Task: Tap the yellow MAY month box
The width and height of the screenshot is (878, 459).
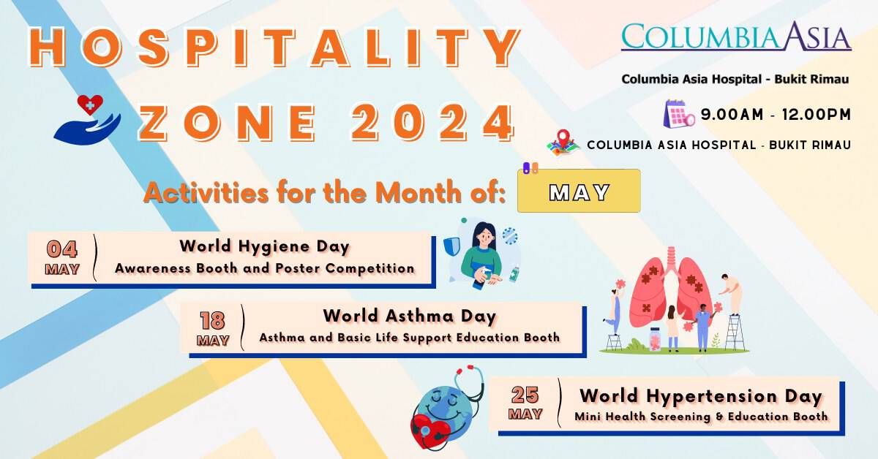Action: click(x=579, y=191)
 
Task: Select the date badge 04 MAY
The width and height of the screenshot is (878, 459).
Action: click(x=62, y=257)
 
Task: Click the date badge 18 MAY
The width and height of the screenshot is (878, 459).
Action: click(x=212, y=329)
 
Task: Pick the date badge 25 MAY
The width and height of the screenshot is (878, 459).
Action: click(x=525, y=403)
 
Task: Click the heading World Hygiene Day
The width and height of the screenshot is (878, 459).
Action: click(x=264, y=246)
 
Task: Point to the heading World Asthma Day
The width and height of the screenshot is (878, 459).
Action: click(x=409, y=316)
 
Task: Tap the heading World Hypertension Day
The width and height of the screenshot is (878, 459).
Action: click(x=700, y=396)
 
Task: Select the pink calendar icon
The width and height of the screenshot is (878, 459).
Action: click(x=678, y=114)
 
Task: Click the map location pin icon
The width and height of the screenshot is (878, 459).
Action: click(x=563, y=142)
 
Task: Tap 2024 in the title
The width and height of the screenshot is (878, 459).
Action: click(x=432, y=122)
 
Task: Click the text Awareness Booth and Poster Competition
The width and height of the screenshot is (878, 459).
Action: click(x=264, y=268)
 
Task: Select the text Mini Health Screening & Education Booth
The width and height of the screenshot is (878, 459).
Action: click(x=700, y=417)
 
